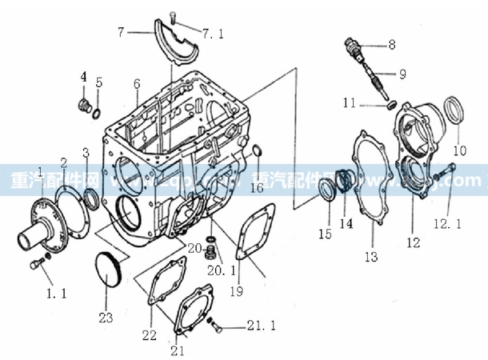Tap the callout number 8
click(x=391, y=45)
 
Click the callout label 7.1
click(x=210, y=34)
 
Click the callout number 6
click(x=137, y=83)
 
